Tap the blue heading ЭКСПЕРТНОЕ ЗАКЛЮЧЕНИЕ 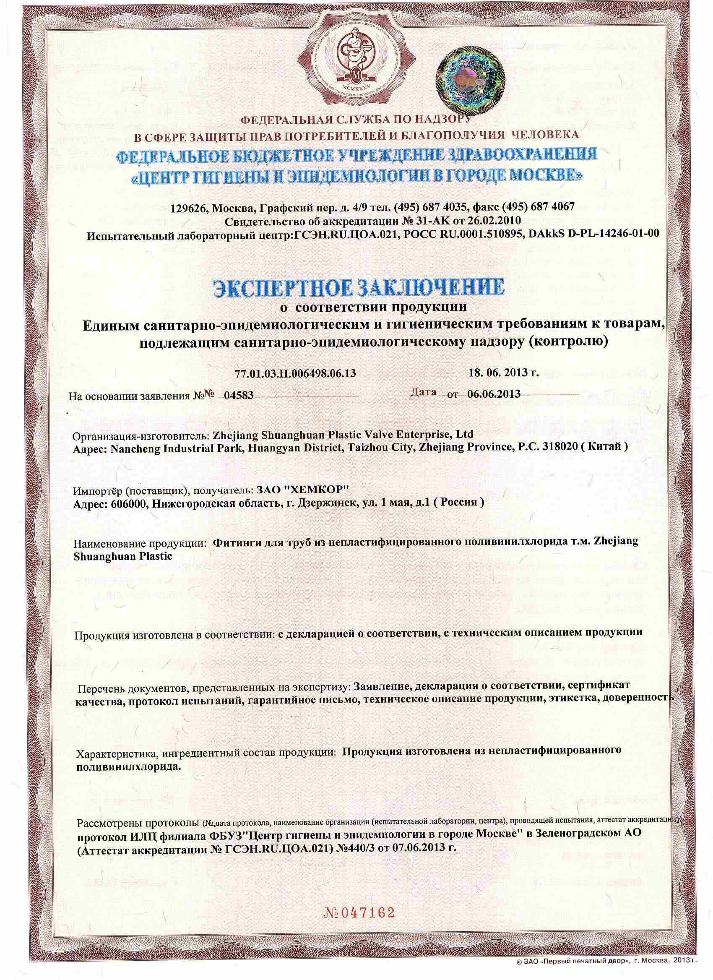coord(359,288)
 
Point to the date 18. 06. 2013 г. coord(503,373)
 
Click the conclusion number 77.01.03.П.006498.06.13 coord(296,373)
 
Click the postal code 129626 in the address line coord(188,207)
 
